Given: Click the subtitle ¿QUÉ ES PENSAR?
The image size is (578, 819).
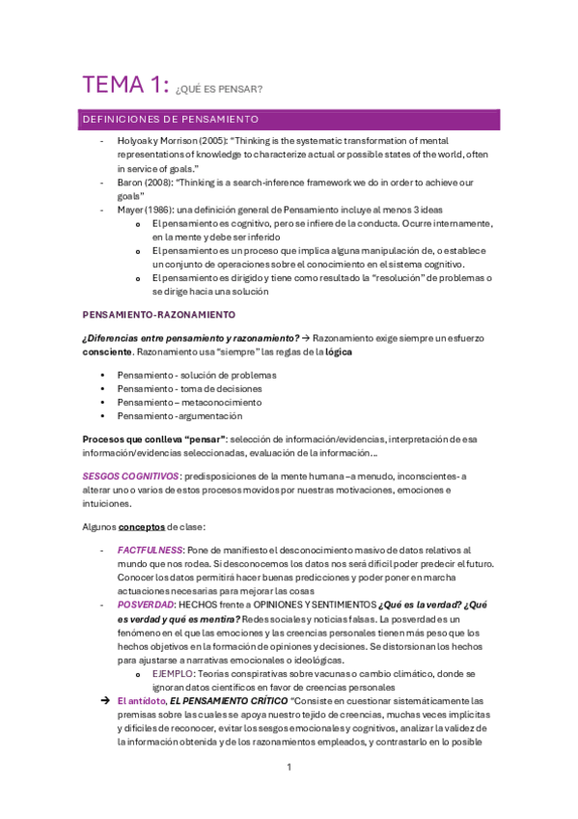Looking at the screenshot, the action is tap(220, 90).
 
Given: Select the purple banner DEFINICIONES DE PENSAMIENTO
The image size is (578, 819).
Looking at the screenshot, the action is tap(170, 120).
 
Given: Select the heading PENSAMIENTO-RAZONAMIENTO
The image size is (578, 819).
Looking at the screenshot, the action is tap(159, 315).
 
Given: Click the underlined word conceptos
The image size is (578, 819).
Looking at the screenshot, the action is tap(141, 527).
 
